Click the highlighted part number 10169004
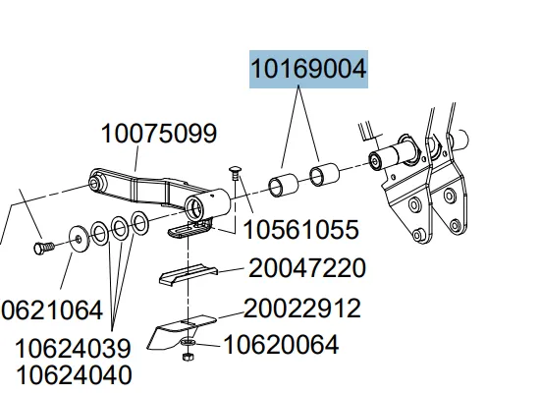point(308,71)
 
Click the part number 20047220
point(307,268)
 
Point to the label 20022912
point(301,309)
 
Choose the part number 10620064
point(281,345)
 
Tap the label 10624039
point(73,349)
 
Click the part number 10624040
point(73,374)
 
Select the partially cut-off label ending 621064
point(51,310)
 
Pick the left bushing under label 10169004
point(283,183)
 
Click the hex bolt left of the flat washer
point(42,246)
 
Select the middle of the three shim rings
point(120,228)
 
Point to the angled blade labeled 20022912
point(181,330)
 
